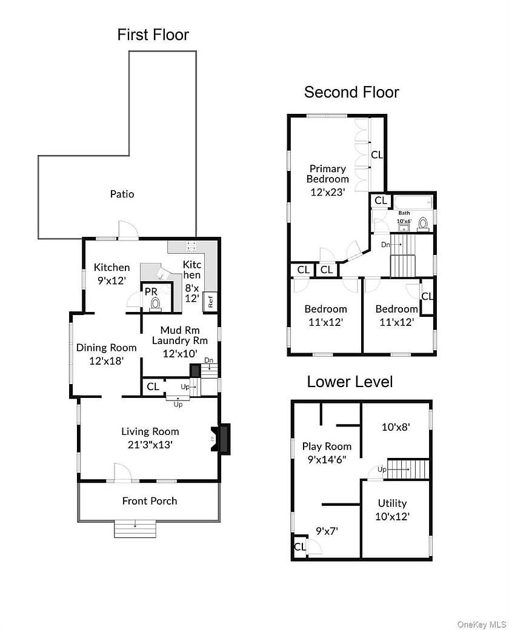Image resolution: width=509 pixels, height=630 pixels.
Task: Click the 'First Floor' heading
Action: [x=153, y=35]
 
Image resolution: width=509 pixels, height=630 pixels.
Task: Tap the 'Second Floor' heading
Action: [x=351, y=92]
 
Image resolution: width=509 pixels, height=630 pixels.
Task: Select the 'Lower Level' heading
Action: [x=350, y=382]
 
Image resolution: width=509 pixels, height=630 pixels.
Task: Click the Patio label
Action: [x=122, y=194]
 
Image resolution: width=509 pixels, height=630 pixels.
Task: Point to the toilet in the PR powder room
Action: [x=156, y=303]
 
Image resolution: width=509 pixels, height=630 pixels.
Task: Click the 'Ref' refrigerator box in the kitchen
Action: [x=210, y=300]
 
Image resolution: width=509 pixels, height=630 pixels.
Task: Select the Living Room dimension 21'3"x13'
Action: [x=150, y=444]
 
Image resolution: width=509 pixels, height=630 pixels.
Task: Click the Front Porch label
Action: [x=150, y=501]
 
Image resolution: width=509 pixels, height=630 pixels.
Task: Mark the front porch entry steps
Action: [x=136, y=529]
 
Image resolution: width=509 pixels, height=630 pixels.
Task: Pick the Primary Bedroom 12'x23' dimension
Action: [x=327, y=193]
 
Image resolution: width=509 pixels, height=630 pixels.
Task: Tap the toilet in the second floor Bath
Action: [x=424, y=222]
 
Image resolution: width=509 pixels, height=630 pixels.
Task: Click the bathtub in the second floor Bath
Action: [x=412, y=202]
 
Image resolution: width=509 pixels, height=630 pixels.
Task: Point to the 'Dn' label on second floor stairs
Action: [x=385, y=244]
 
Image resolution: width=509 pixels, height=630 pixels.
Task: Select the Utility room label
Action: [x=392, y=503]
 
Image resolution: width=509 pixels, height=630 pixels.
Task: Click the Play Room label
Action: [x=327, y=446]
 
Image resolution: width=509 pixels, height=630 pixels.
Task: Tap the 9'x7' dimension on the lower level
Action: [x=327, y=531]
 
